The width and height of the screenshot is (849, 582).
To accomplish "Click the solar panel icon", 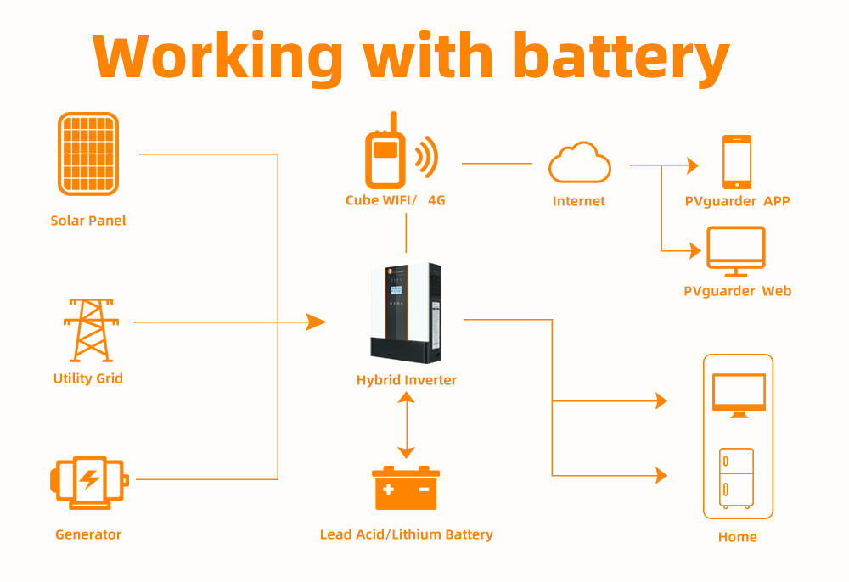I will click(88, 154).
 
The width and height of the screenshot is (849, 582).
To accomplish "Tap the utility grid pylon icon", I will click(88, 330).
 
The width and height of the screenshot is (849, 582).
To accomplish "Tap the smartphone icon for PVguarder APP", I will click(736, 161).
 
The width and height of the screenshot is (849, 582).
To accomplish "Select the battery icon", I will click(406, 488).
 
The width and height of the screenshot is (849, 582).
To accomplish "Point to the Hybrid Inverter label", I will click(406, 380).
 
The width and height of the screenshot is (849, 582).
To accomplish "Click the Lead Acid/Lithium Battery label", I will click(406, 534).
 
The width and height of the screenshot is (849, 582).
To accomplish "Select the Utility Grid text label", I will click(88, 378).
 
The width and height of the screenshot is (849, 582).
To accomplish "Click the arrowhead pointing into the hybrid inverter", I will click(316, 322).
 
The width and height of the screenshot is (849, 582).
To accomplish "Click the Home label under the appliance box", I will click(737, 537).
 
